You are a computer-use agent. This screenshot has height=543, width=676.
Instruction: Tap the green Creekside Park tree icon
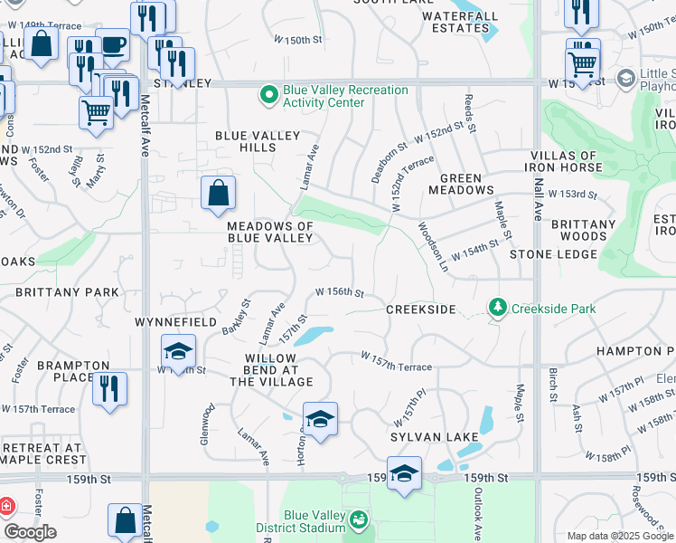[497, 309]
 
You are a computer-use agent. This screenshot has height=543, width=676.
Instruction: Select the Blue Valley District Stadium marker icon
[359, 519]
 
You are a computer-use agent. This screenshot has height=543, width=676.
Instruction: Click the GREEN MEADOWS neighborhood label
[467, 185]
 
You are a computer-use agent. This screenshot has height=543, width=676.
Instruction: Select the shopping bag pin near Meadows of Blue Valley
[218, 193]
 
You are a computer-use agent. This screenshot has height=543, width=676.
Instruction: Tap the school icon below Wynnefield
[179, 350]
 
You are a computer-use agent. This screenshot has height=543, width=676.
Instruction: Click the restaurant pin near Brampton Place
[109, 388]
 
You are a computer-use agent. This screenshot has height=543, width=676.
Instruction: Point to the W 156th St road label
[339, 292]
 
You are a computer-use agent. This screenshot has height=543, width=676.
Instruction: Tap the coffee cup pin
[113, 44]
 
